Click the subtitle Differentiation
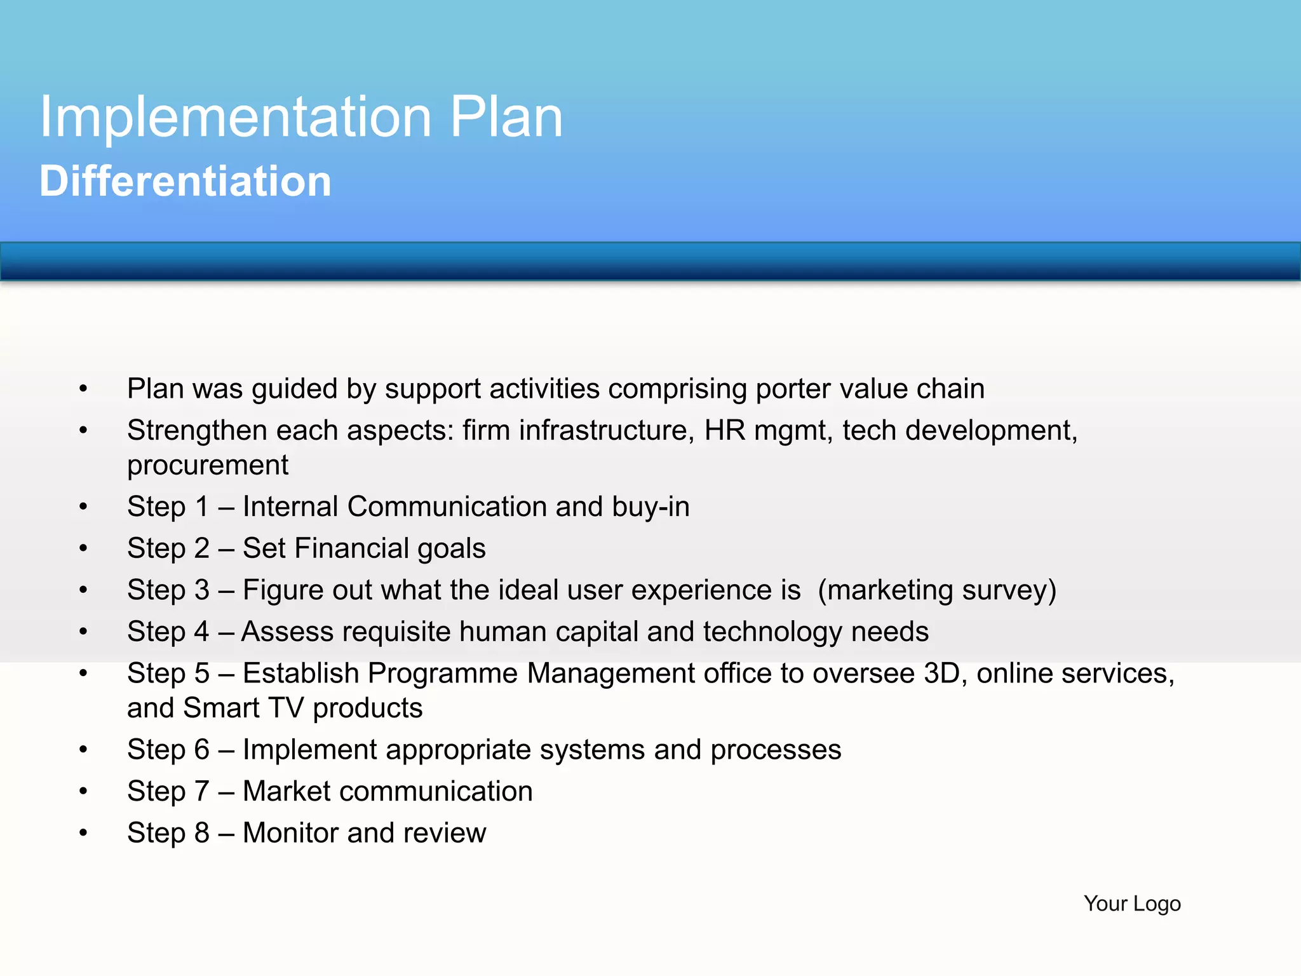[x=185, y=182]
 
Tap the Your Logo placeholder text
[x=1132, y=903]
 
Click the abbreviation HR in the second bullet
[x=724, y=430]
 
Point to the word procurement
[x=208, y=466]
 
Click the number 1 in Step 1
[x=202, y=507]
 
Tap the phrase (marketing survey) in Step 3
[x=937, y=590]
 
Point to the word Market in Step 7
[x=286, y=792]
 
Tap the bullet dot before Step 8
[x=83, y=832]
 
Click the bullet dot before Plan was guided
[x=83, y=388]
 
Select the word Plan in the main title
[x=506, y=118]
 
